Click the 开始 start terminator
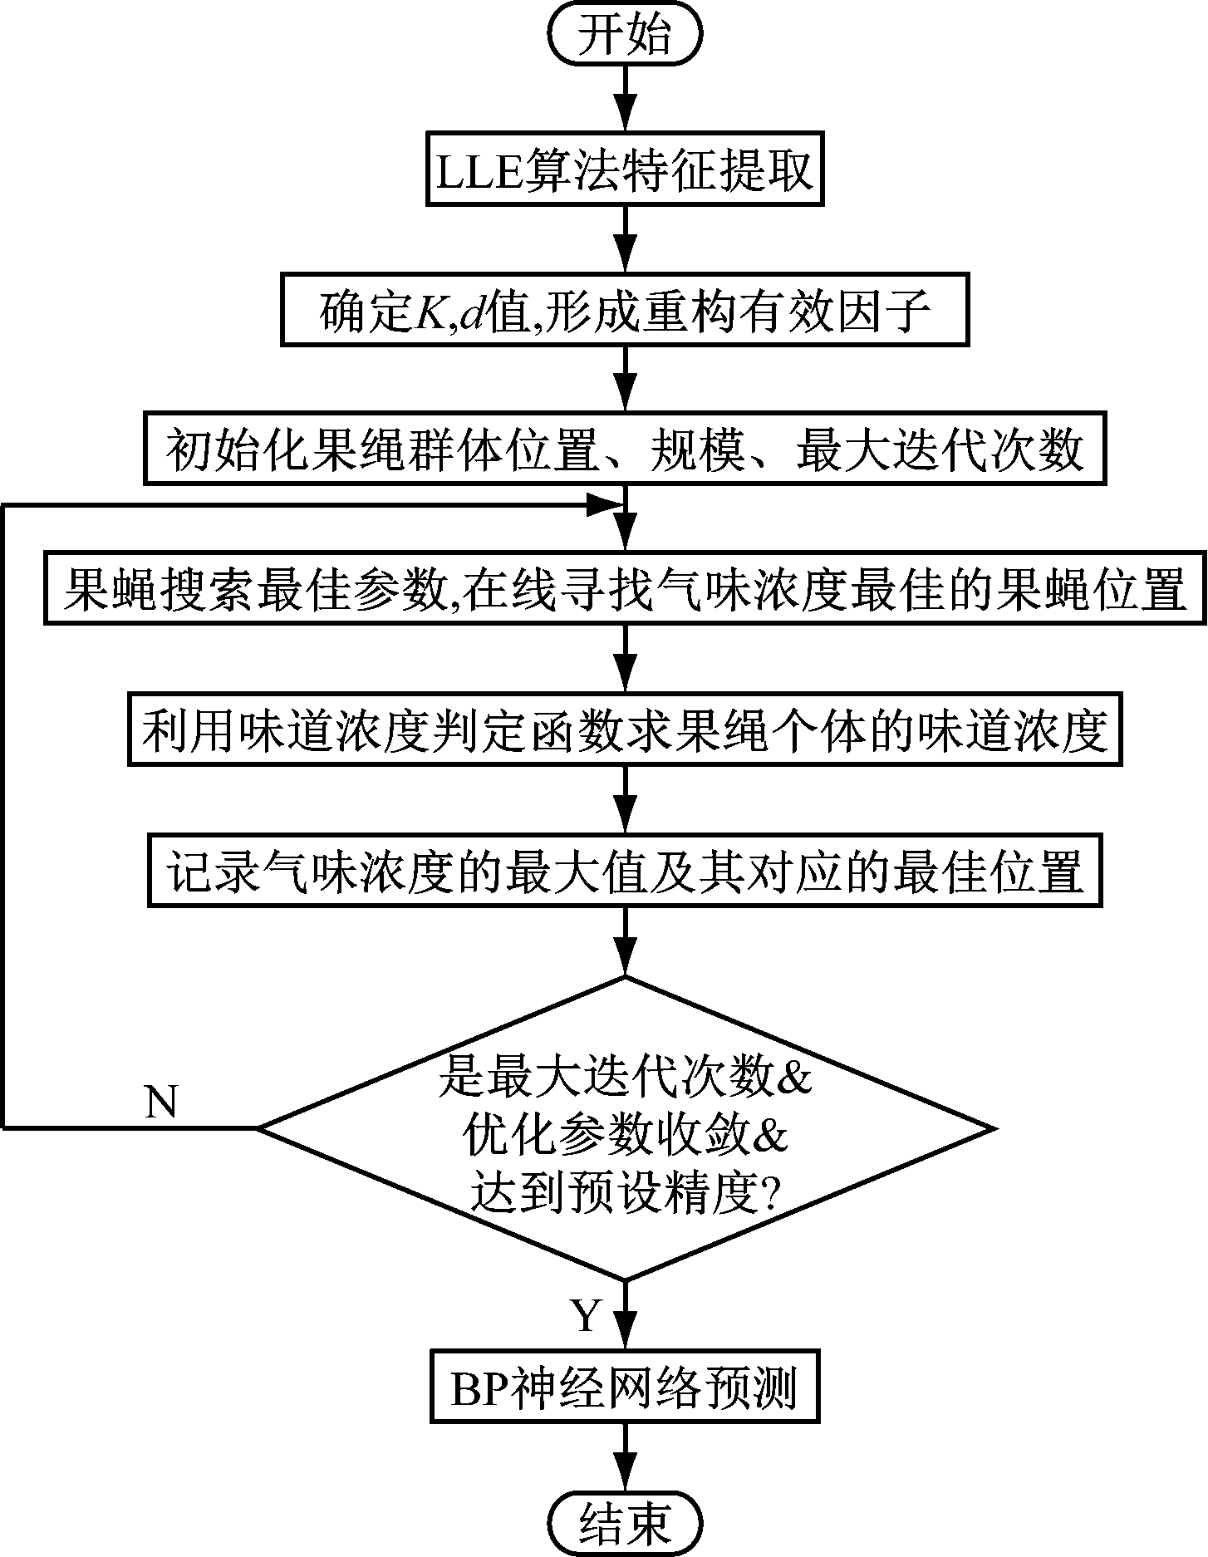coord(625,37)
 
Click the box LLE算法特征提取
coord(625,169)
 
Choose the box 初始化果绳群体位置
coord(625,449)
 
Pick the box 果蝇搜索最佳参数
coord(625,587)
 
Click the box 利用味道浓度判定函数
coord(625,729)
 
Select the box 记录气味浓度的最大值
coord(625,870)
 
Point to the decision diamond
coord(625,1127)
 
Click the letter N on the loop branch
coord(161,1102)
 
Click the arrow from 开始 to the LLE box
coord(625,100)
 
